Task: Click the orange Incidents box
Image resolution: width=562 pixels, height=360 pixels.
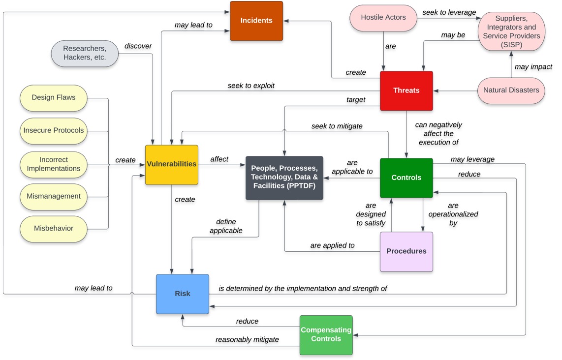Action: (256, 21)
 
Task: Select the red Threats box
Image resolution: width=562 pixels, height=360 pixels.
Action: (406, 90)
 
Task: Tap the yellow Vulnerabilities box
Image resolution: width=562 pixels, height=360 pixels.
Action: (171, 164)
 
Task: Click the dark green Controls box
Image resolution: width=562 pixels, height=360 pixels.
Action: (406, 178)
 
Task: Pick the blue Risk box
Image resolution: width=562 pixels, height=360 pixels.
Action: (182, 294)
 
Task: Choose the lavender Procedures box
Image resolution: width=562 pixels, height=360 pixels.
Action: (406, 251)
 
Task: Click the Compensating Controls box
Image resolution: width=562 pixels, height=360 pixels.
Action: (326, 334)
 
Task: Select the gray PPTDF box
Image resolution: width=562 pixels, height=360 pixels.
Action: (284, 178)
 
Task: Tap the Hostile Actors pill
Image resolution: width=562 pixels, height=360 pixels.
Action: (383, 18)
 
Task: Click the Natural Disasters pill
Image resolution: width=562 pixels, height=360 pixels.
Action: (511, 90)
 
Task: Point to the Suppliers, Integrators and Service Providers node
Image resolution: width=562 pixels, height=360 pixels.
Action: (511, 31)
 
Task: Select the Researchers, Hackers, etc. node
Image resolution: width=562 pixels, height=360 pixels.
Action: (85, 53)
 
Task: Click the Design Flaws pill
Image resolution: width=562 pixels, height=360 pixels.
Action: (54, 98)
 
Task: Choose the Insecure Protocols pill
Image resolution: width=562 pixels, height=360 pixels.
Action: (54, 131)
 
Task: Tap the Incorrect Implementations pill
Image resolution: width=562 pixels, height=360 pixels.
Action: (54, 164)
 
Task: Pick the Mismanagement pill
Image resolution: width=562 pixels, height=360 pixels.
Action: (54, 196)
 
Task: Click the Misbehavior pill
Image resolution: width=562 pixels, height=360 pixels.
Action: (54, 229)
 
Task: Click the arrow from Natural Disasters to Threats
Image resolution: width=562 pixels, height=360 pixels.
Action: (455, 90)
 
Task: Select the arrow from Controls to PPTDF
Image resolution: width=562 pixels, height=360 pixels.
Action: (352, 178)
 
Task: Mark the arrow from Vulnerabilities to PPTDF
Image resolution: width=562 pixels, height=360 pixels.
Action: (221, 165)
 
